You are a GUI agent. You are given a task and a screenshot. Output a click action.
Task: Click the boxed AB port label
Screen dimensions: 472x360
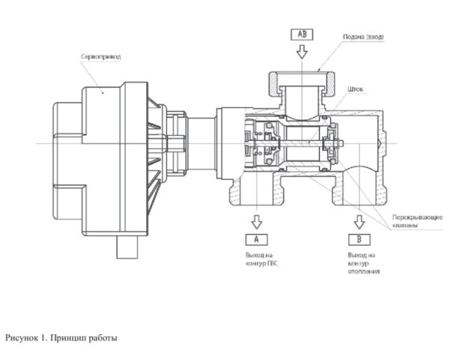coord(302,34)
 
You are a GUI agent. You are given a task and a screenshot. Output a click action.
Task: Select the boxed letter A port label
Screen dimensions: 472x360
coord(256,239)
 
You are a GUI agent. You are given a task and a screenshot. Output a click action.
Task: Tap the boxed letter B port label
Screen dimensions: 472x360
coord(360,239)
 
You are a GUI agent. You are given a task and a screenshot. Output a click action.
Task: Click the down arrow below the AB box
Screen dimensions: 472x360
coord(302,52)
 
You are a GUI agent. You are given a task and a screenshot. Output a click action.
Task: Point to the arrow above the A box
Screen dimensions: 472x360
coord(256,222)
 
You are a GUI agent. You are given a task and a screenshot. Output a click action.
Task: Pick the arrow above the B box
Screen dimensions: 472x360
coord(360,222)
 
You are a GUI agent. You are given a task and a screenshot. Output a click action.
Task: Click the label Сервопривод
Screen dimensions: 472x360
coord(101,57)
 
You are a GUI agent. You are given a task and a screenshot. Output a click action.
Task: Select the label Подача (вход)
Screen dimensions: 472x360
coord(363,37)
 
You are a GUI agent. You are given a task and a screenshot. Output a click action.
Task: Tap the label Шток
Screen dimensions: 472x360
coord(356,89)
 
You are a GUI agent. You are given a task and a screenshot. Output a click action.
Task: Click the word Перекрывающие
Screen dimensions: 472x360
coord(417,217)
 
